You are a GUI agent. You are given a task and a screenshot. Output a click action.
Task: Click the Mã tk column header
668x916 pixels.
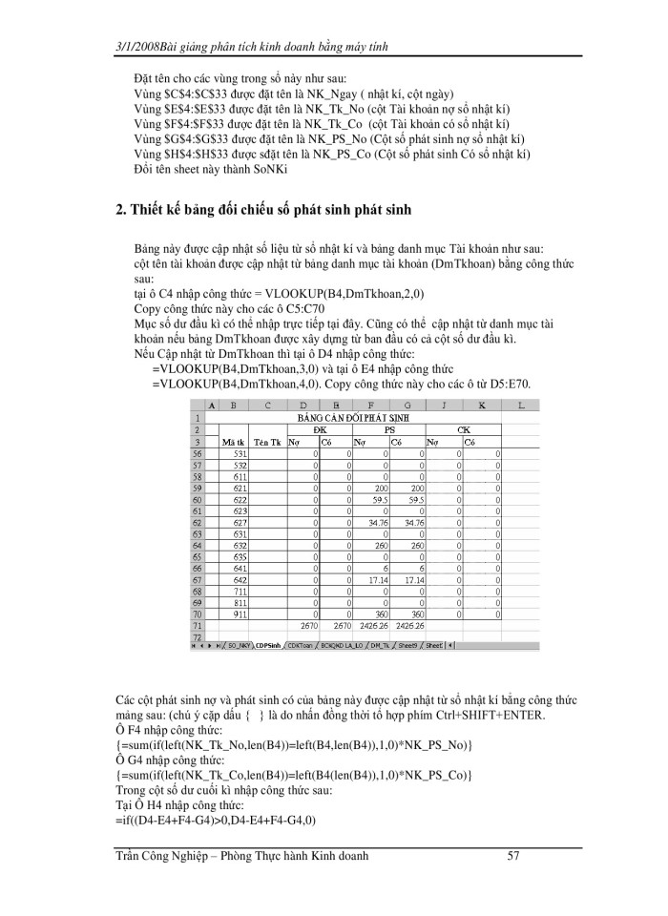pyautogui.click(x=233, y=443)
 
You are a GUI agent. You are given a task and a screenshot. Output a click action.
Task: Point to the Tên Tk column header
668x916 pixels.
pyautogui.click(x=268, y=443)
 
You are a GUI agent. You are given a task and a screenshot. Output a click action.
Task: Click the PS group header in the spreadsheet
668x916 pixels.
pyautogui.click(x=388, y=429)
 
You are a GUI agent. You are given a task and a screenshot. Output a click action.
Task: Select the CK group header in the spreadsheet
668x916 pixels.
pyautogui.click(x=463, y=429)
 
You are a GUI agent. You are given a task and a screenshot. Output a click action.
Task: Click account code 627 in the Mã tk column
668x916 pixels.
pyautogui.click(x=241, y=523)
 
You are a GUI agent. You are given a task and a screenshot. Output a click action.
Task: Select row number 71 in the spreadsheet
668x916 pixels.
pyautogui.click(x=198, y=625)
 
